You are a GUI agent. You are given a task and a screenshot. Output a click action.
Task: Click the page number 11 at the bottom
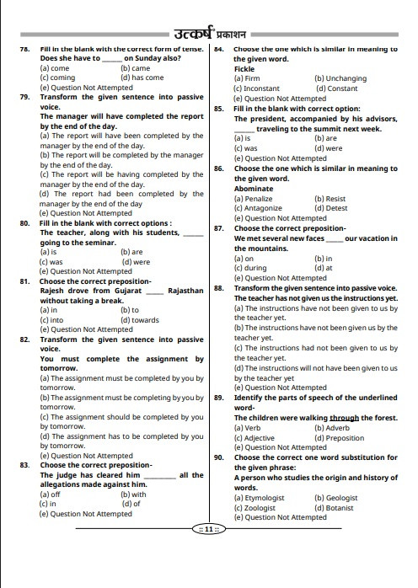208,528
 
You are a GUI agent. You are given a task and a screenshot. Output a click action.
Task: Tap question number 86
218,168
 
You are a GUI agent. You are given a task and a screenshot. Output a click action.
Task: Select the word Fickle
244,68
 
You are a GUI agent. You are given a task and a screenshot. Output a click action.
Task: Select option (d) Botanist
335,508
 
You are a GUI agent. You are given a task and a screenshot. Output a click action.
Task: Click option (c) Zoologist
255,508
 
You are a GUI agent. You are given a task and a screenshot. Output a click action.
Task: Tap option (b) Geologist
336,498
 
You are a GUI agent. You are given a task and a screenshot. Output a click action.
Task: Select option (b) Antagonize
259,208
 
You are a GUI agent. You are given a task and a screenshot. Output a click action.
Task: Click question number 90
218,457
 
